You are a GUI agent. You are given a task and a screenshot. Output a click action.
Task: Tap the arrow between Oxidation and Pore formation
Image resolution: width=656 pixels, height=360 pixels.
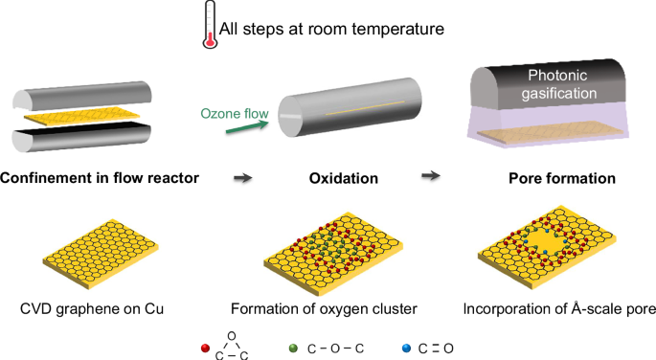pyautogui.click(x=432, y=175)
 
